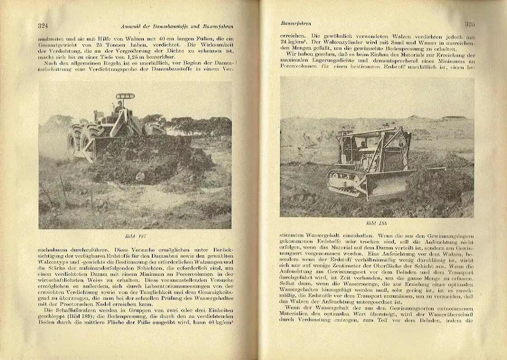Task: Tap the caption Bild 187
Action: pyautogui.click(x=135, y=236)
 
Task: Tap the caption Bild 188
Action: pyautogui.click(x=377, y=223)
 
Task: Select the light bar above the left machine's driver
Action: pyautogui.click(x=125, y=96)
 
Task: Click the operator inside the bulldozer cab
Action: pyautogui.click(x=362, y=145)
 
